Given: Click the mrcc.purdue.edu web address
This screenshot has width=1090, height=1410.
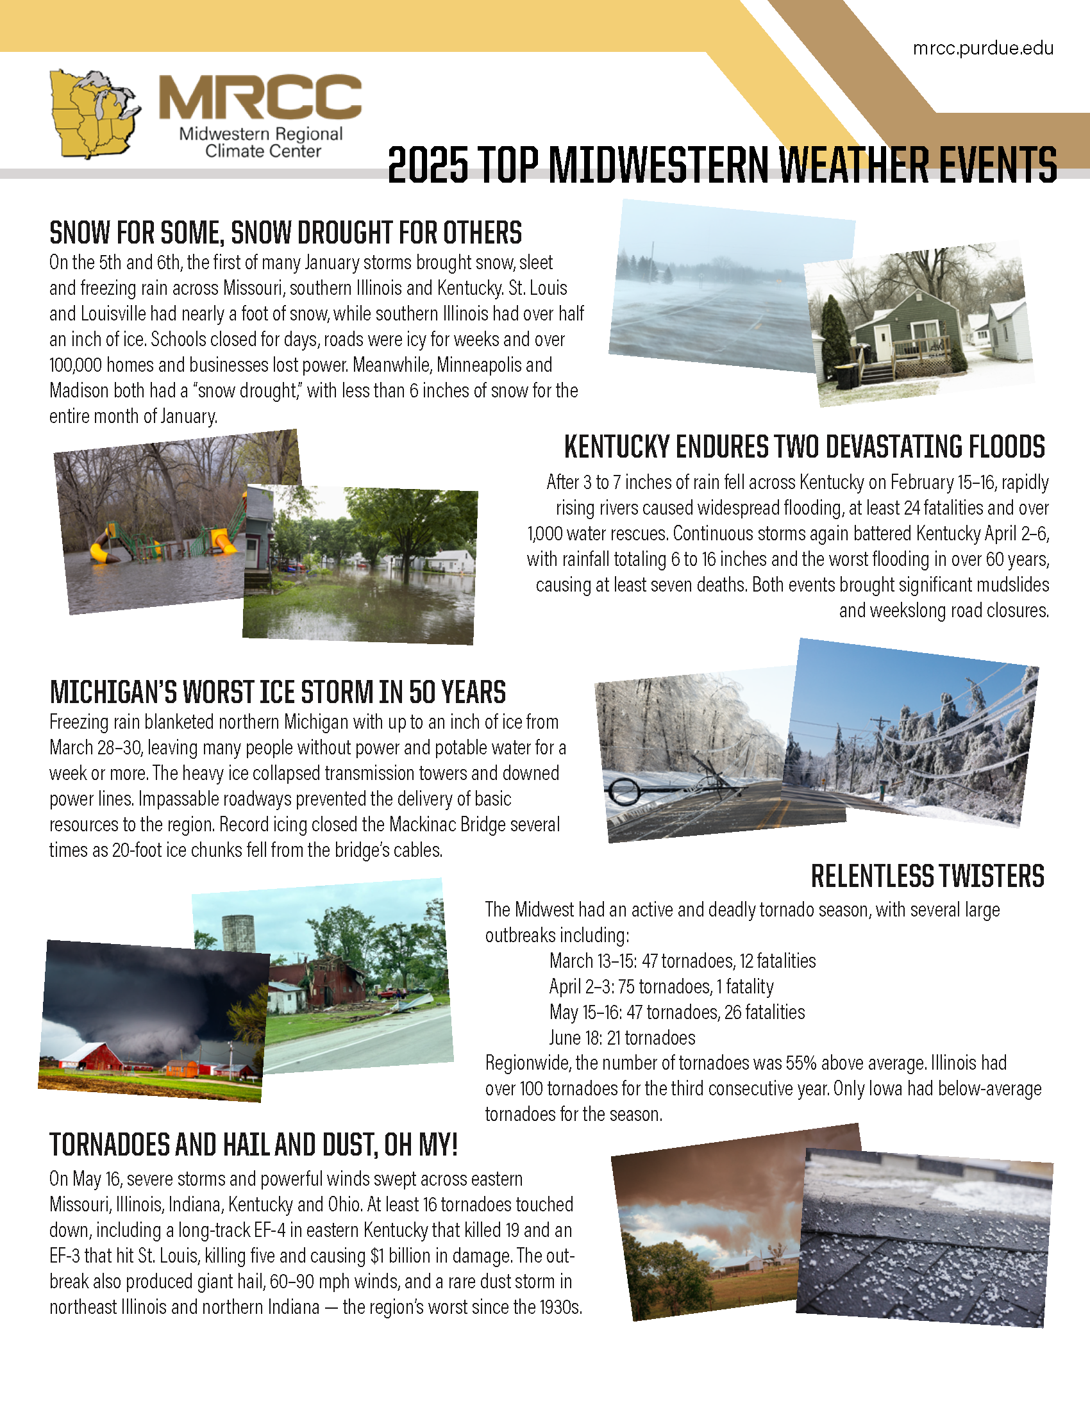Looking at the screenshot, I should (x=983, y=49).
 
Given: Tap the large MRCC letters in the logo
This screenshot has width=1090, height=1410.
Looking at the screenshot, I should (x=260, y=97).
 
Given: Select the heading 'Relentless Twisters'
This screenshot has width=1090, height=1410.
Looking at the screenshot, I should (x=927, y=876).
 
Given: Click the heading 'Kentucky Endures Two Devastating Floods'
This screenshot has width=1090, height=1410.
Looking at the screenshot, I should (x=804, y=447).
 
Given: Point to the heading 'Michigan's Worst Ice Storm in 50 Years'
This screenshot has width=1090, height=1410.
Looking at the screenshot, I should (x=278, y=692).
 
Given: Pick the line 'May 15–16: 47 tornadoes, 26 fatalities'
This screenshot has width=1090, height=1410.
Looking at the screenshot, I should (x=676, y=1011).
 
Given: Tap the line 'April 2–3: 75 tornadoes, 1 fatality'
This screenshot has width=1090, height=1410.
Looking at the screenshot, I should (x=661, y=986).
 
